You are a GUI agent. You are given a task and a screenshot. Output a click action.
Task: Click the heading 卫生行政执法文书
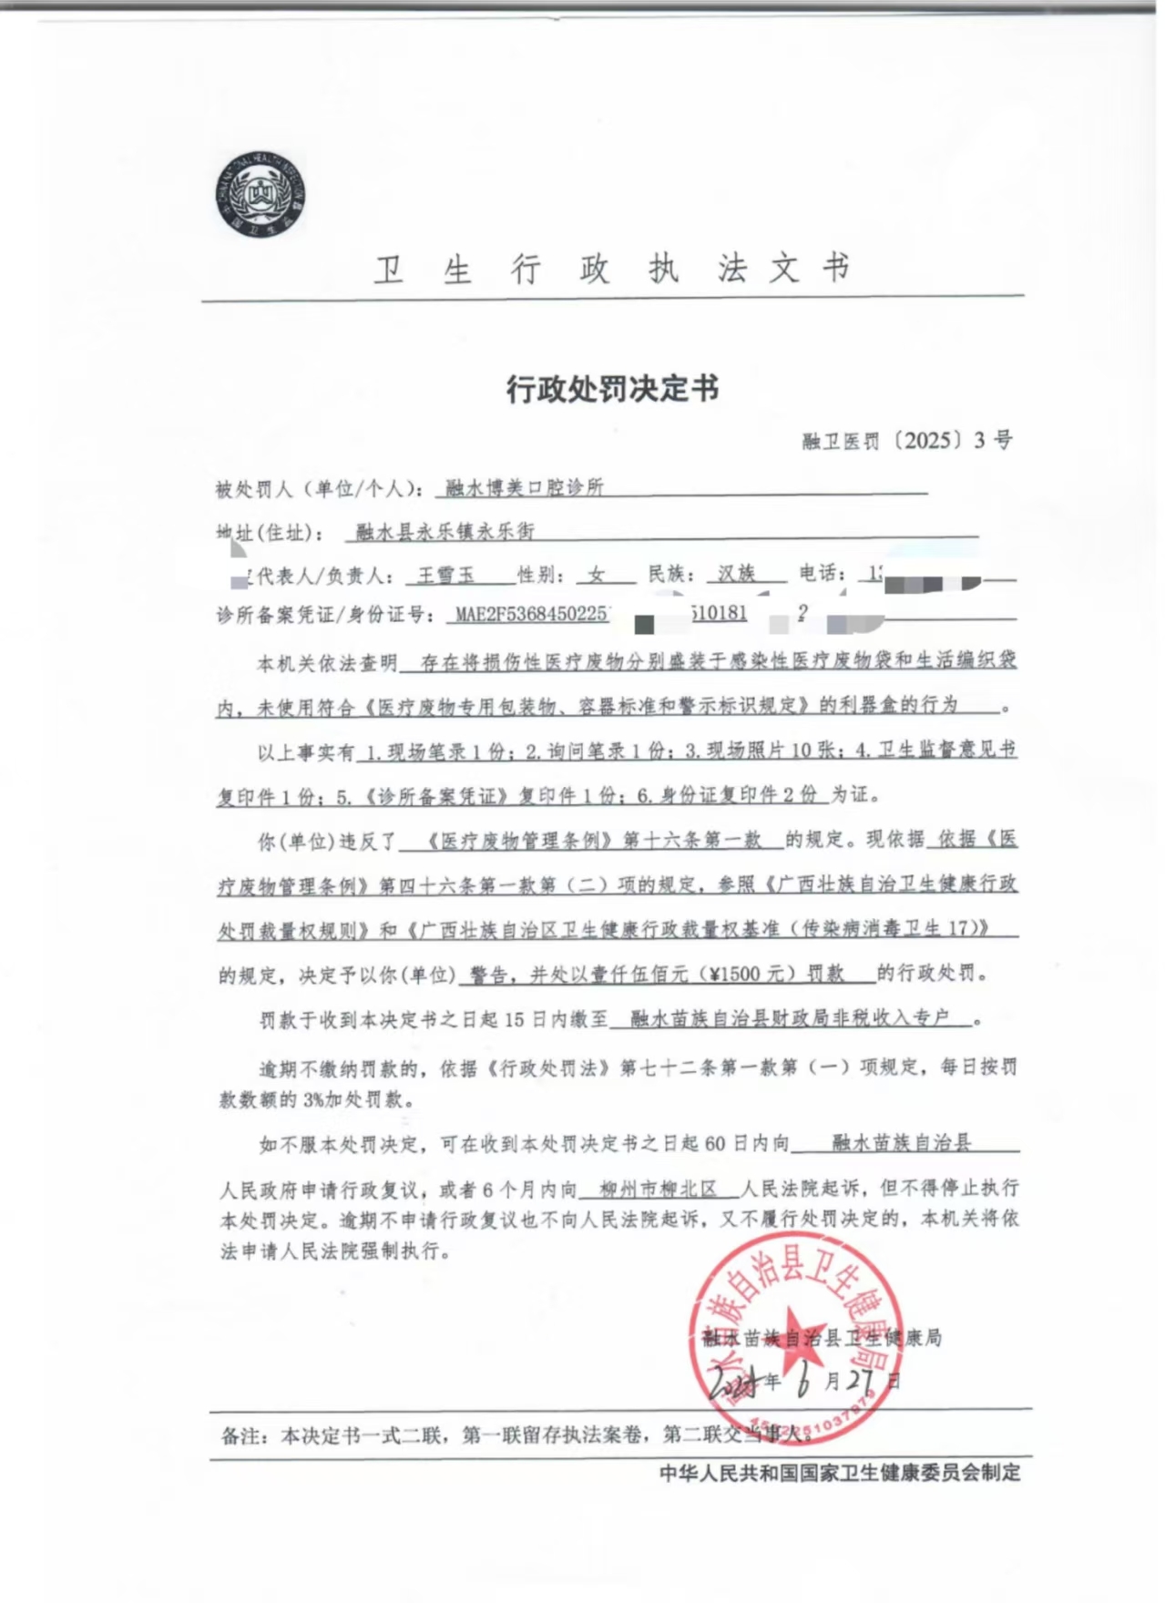pos(612,269)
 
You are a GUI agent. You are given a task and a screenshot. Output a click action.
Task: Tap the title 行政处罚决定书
pos(612,389)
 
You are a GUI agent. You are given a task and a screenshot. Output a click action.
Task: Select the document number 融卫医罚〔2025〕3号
pos(906,441)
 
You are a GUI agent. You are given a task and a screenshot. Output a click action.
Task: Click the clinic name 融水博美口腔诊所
pos(525,487)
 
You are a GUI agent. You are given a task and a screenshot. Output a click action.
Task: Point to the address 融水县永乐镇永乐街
pos(445,531)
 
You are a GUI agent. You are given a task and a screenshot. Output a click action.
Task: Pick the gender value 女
pos(597,575)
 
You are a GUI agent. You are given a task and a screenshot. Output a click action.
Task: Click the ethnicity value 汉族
pos(736,574)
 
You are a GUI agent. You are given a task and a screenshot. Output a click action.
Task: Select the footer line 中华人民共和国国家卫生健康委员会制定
pos(840,1473)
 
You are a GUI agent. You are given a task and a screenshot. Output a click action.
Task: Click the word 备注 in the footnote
pos(241,1436)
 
